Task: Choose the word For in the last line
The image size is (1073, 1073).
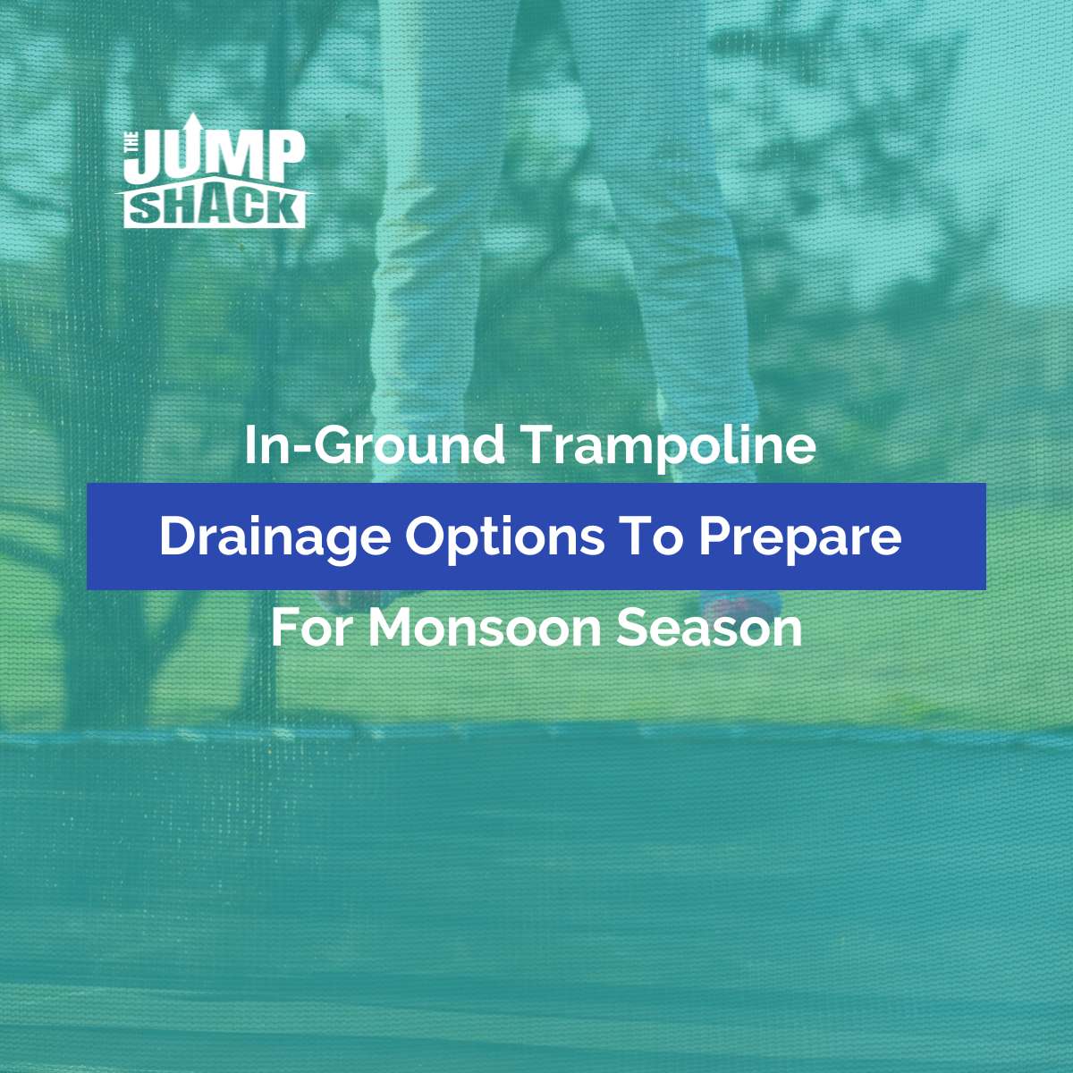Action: coord(309,628)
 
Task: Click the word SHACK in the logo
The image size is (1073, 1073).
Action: coord(215,209)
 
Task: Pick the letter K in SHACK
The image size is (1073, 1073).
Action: coord(283,209)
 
